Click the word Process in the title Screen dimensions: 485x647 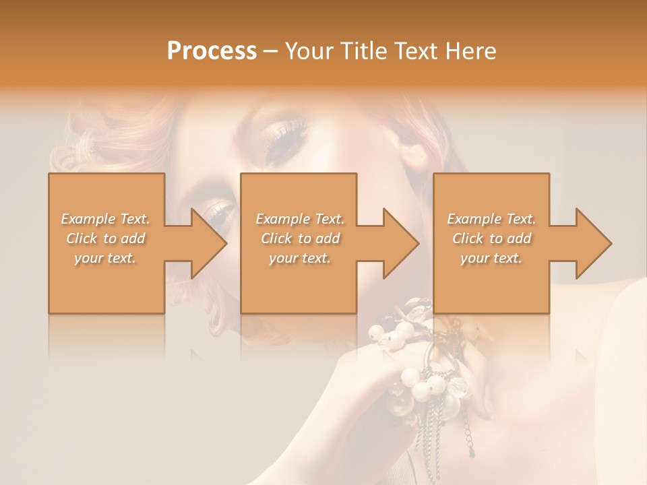(x=212, y=51)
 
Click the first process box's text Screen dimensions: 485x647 (x=106, y=238)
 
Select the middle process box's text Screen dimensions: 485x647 (x=299, y=238)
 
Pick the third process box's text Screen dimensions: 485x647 (x=491, y=238)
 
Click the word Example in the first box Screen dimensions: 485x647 (x=88, y=219)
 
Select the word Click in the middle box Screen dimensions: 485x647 (x=276, y=238)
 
